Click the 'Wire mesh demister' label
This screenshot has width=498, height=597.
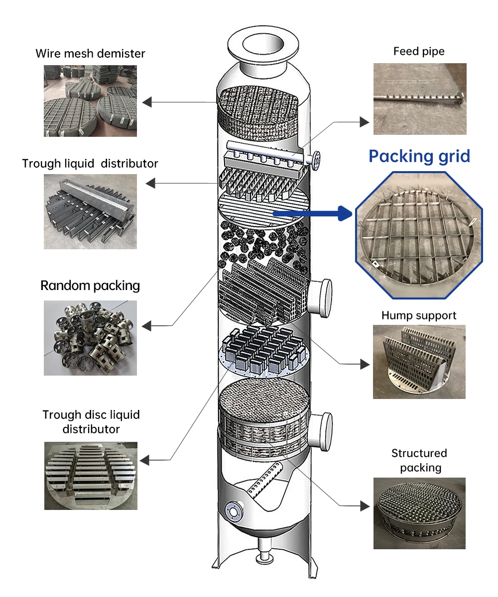[x=90, y=53]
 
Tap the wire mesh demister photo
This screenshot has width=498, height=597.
[x=90, y=101]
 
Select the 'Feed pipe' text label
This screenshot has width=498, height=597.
[x=419, y=51]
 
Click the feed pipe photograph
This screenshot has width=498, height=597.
[x=420, y=99]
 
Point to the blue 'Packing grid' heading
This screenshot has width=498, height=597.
[x=419, y=156]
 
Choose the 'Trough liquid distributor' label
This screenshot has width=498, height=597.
[x=90, y=163]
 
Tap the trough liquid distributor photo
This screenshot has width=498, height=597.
[x=90, y=211]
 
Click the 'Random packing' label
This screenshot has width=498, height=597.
[x=90, y=286]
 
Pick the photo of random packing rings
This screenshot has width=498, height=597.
[x=90, y=338]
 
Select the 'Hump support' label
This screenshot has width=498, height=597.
[x=419, y=315]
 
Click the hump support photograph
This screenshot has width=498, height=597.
[x=419, y=362]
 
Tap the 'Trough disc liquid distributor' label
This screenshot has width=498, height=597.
[x=91, y=422]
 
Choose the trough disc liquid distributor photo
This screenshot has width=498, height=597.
[x=91, y=476]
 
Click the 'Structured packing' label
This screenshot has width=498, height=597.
[x=419, y=460]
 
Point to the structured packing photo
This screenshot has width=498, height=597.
[x=419, y=513]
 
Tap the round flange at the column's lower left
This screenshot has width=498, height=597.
[x=233, y=511]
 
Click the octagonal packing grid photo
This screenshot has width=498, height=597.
[x=419, y=235]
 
